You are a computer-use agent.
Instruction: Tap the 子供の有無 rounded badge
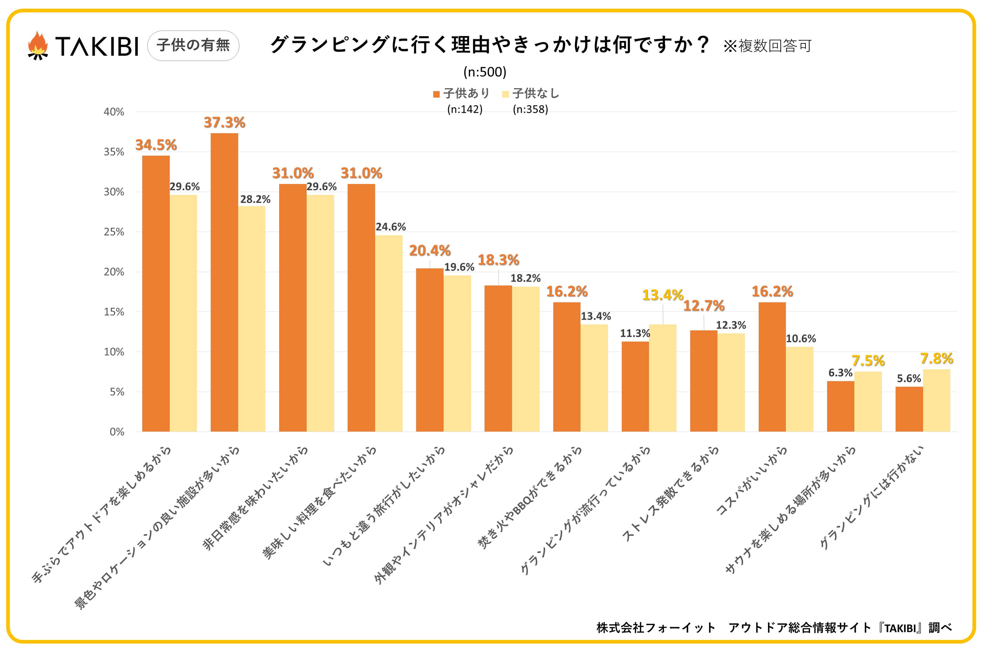[193, 45]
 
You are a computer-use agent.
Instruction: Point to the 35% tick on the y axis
[114, 152]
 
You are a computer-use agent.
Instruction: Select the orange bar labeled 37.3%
[224, 283]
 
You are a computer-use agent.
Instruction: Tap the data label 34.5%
[156, 145]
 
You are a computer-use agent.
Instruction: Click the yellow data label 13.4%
[662, 295]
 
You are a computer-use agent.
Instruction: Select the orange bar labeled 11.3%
[635, 387]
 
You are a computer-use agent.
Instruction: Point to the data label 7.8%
[936, 358]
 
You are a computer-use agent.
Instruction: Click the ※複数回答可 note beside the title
[767, 46]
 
